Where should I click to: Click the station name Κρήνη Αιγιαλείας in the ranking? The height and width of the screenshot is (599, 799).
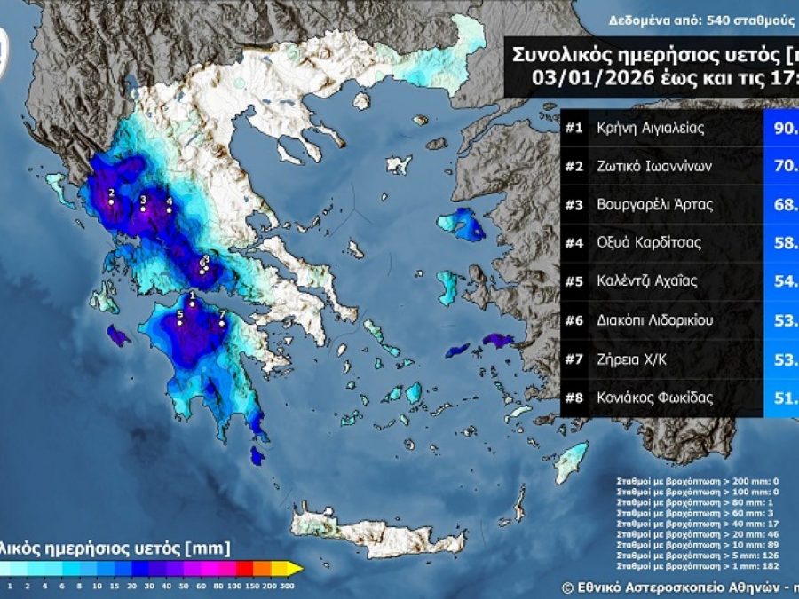pos(650,128)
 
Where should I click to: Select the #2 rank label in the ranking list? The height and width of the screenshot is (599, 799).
pos(574,166)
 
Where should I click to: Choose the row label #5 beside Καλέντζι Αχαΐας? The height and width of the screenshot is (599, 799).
pos(574,281)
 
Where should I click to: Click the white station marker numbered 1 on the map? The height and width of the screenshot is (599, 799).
pos(192,303)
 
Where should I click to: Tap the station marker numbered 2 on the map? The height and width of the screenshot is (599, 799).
pos(111,201)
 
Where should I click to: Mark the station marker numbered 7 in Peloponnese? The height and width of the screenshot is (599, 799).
pos(221,324)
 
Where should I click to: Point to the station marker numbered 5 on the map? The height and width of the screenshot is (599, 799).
pos(180,323)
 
